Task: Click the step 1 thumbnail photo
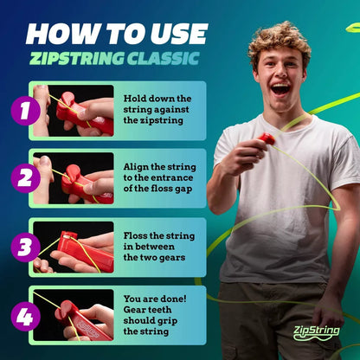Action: pos(74,110)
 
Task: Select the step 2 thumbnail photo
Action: pos(74,178)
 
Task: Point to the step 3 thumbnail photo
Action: pos(74,247)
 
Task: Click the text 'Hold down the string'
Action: pos(157,99)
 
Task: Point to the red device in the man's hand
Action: pos(267,138)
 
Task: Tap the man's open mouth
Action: pos(281,88)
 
